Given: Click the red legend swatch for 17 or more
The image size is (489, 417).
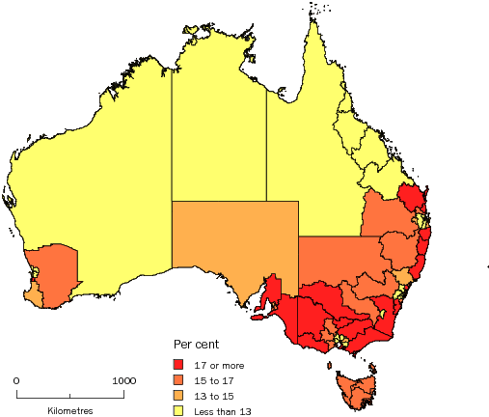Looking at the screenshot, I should tap(178, 364).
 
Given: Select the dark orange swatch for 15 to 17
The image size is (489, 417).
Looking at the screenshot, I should tap(178, 379).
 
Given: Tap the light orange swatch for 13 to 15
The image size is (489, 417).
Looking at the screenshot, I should tap(178, 395).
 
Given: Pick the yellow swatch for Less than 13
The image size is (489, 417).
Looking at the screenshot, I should tap(178, 410).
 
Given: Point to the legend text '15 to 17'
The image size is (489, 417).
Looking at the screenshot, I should tap(213, 379).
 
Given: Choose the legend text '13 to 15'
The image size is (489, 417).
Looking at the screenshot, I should tap(213, 395).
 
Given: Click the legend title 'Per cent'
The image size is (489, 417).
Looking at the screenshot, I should tap(196, 344).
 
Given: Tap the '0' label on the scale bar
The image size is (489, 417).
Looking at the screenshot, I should tap(16, 380).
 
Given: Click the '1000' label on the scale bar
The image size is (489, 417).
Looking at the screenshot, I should tap(122, 380).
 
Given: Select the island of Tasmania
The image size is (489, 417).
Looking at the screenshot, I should tap(352, 392).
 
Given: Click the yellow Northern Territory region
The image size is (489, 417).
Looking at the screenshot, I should tap(219, 125).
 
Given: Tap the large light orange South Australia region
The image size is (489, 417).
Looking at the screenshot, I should tap(231, 236).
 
